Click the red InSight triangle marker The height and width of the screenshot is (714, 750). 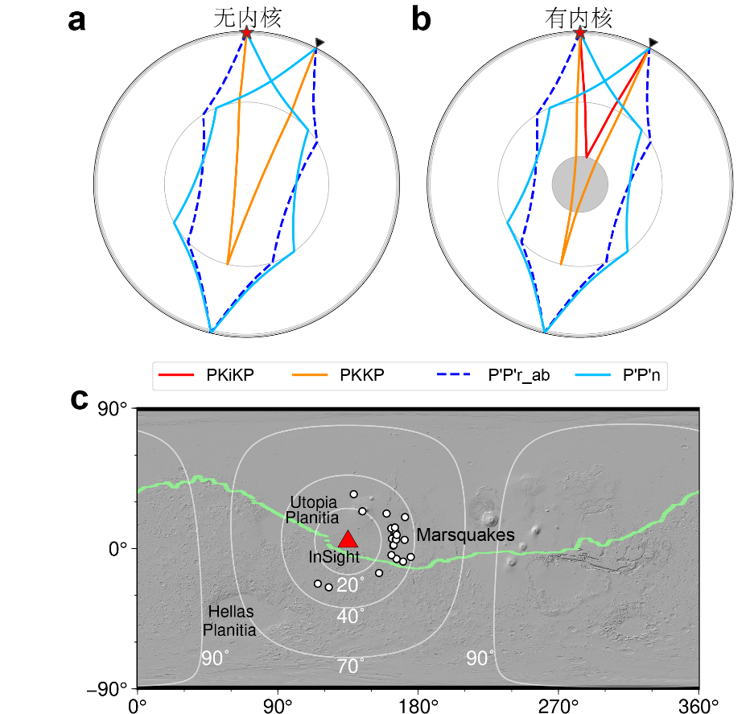(348, 540)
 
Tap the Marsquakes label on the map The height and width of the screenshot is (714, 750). (465, 535)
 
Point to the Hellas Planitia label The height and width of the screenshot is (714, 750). (229, 621)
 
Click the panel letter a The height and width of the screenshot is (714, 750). (76, 20)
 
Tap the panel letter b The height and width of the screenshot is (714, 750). (421, 20)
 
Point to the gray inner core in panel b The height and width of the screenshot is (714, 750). (579, 184)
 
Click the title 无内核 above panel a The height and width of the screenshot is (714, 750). (247, 19)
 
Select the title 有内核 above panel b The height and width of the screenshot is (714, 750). (579, 19)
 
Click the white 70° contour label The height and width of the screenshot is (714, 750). (350, 666)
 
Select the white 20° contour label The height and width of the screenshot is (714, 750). (351, 585)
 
